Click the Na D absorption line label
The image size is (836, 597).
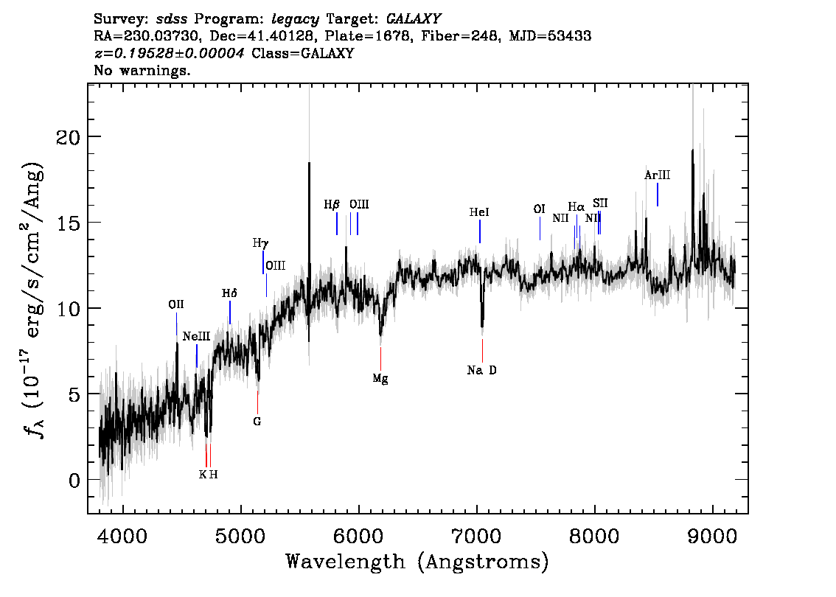click(482, 370)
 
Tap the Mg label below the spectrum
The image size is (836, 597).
click(380, 379)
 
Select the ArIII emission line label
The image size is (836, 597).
click(657, 175)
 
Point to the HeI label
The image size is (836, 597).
click(479, 212)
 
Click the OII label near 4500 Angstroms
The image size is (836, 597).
click(176, 304)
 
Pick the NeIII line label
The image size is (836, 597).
click(197, 336)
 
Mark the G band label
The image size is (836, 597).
click(257, 422)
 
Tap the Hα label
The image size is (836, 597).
click(576, 207)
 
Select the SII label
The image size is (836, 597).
click(600, 203)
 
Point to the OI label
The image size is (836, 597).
click(539, 209)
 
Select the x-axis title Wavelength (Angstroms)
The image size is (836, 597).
click(417, 562)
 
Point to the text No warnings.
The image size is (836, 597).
click(142, 71)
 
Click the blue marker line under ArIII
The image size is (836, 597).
click(657, 195)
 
